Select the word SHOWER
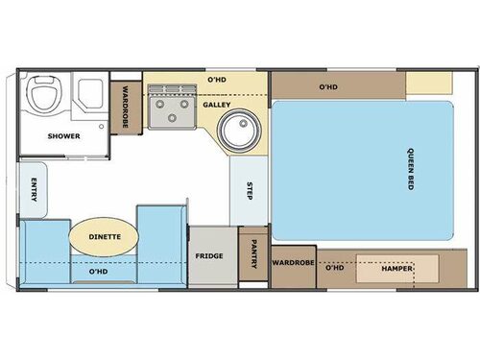pyautogui.click(x=63, y=136)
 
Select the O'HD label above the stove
pyautogui.click(x=218, y=81)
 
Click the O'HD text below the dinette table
pyautogui.click(x=98, y=272)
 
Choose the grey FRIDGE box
pyautogui.click(x=210, y=256)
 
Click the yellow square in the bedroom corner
pyautogui.click(x=428, y=84)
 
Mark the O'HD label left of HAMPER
pyautogui.click(x=334, y=268)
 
